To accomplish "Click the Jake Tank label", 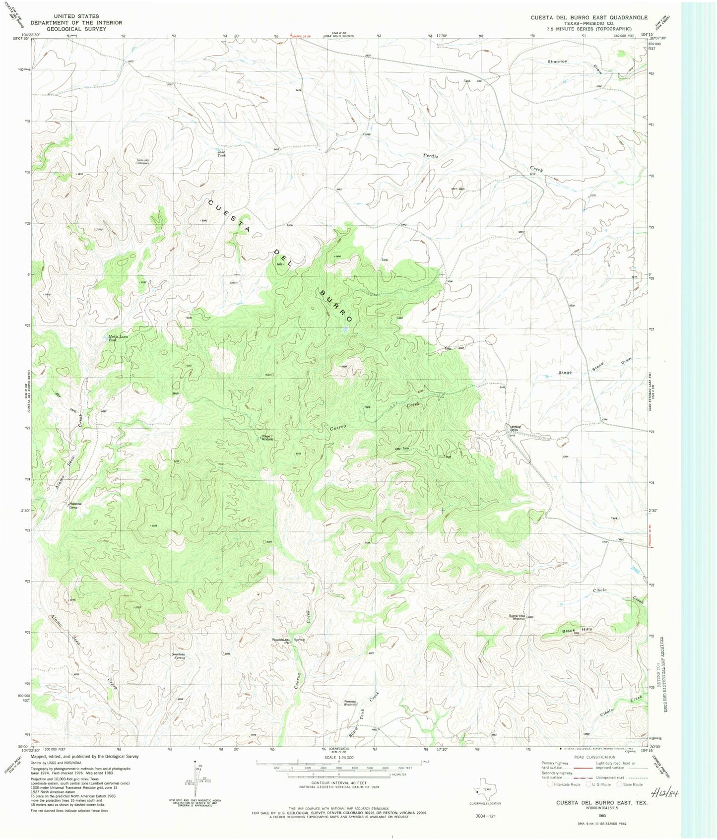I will [x=221, y=153].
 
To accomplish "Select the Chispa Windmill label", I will [x=267, y=438].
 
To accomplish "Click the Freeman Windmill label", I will [x=350, y=703].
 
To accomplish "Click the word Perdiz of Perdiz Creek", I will [x=431, y=156].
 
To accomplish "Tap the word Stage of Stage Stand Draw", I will [x=565, y=372].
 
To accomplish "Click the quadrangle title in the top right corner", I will [x=588, y=17].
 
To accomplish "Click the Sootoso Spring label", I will [x=179, y=656].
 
